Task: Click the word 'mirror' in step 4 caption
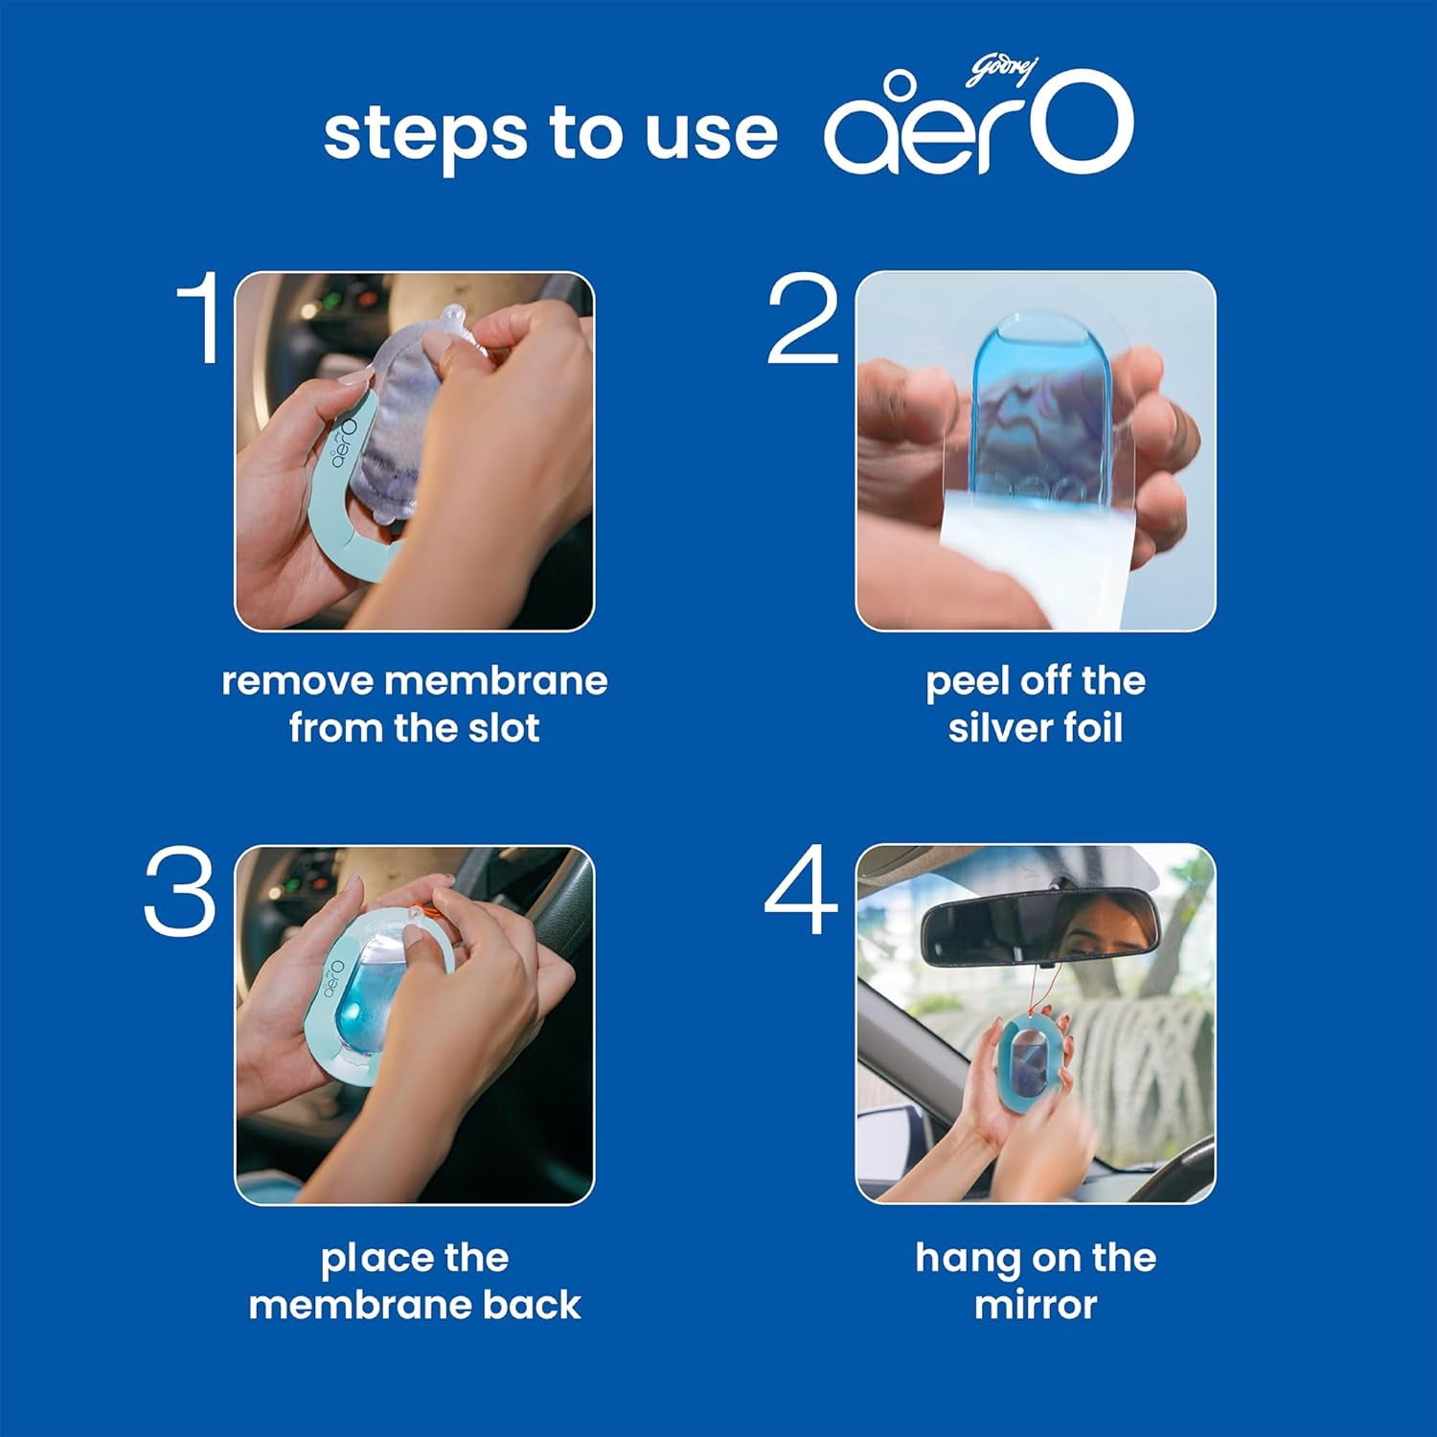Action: [1036, 1305]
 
